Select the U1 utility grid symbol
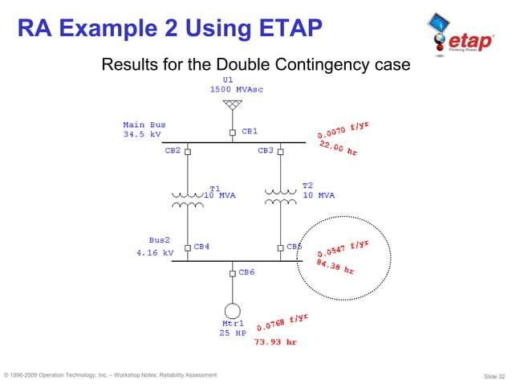click(232, 105)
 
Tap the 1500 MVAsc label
click(237, 89)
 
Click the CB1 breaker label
click(250, 130)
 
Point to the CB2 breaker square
click(188, 151)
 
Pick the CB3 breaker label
click(266, 150)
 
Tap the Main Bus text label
click(144, 125)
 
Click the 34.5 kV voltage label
click(141, 135)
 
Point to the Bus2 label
click(160, 239)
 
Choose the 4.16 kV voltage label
click(154, 252)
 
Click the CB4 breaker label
click(202, 247)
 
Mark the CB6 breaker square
click(232, 273)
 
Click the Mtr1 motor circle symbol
click(232, 310)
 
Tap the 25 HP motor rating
click(233, 333)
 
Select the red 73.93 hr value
click(275, 341)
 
